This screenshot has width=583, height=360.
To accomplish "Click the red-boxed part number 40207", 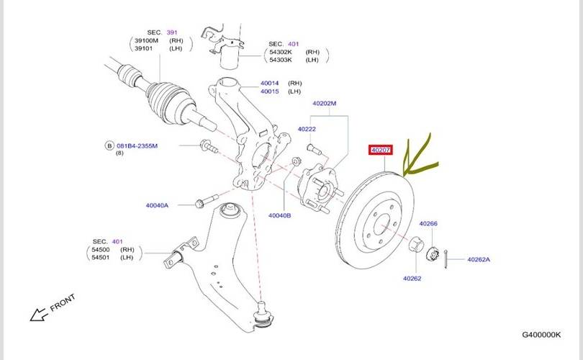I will pos(380,150).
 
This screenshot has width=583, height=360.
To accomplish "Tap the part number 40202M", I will pos(324,103).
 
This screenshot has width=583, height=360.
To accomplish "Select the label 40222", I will pos(307,129).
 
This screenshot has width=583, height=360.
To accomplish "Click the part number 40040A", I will pos(157,205).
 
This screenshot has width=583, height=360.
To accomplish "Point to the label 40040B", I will pos(279,215).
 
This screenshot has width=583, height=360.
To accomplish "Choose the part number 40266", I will pos(428,223).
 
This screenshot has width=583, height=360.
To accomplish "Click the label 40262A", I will pos(479,259).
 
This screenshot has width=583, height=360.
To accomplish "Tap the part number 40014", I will pos(269,84).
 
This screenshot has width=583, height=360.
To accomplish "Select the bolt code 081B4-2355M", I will pos(136,145).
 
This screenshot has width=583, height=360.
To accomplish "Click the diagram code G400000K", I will pos(542,335).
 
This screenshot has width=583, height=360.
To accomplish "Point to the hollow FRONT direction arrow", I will pos(37,314).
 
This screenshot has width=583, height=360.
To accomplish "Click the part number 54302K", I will pos(282,53).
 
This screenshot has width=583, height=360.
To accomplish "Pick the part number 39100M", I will pos(147,42).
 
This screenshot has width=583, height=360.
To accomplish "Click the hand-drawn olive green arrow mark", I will pos(421,155).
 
